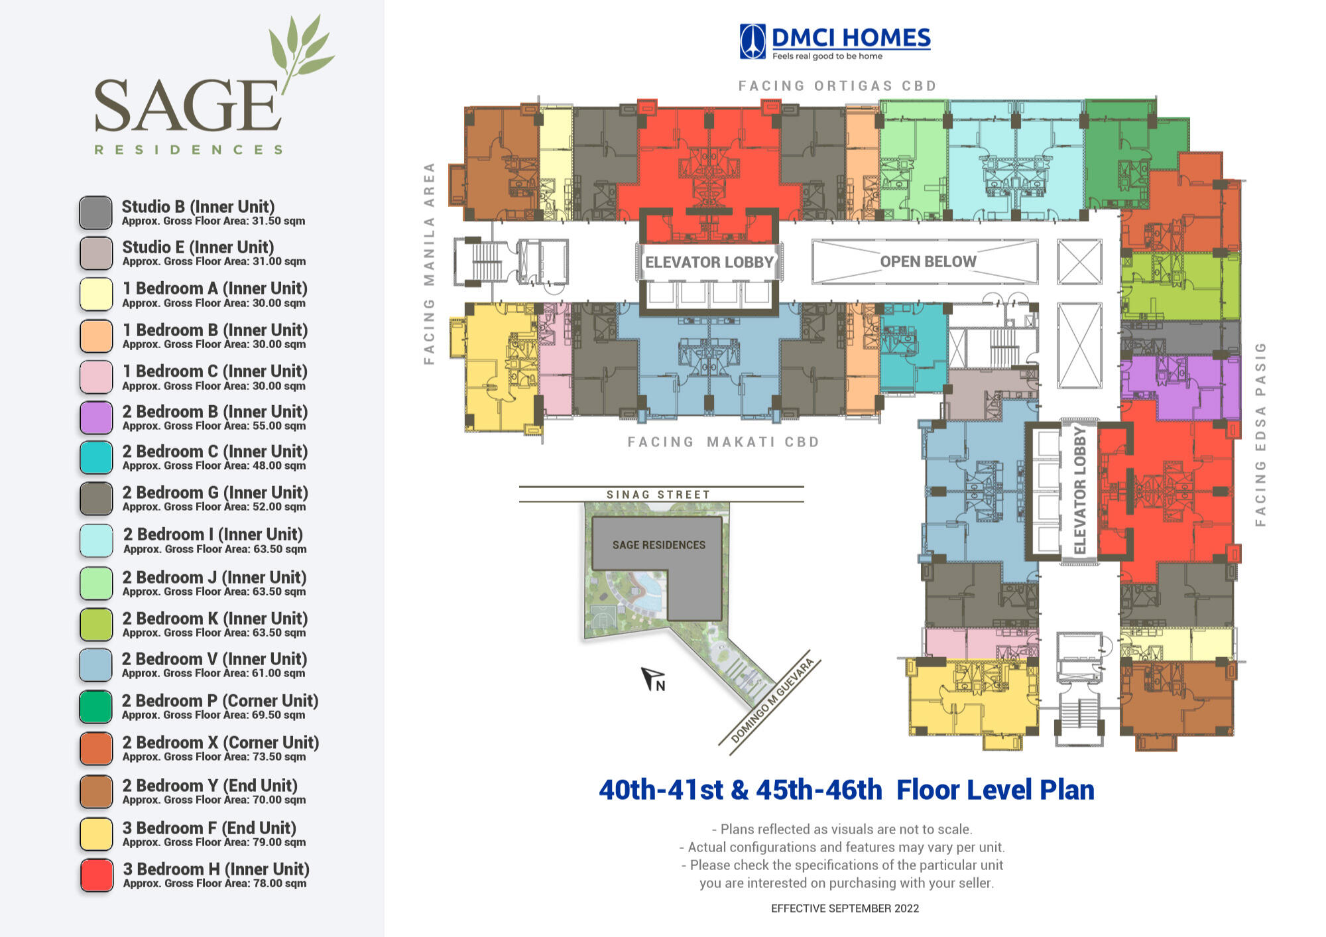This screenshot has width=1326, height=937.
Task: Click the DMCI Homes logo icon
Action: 752,41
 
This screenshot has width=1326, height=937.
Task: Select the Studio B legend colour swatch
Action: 95,213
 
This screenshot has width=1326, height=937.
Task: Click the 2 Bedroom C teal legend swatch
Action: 96,458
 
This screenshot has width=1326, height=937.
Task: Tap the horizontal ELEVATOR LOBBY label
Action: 709,262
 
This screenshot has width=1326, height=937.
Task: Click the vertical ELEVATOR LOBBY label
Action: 1080,491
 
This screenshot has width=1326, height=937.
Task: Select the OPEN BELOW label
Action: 928,261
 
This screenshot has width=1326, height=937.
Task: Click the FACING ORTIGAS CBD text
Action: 837,86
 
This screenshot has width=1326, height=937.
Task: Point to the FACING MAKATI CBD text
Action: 723,442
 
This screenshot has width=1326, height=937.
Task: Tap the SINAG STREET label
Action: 658,495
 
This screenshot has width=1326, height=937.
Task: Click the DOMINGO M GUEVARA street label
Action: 772,700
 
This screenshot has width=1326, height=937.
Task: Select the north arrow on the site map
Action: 652,678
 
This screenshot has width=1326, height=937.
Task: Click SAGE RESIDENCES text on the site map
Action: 658,544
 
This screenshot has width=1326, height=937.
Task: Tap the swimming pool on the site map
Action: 640,587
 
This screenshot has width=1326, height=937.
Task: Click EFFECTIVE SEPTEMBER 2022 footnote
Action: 845,908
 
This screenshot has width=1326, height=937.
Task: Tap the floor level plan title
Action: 846,790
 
